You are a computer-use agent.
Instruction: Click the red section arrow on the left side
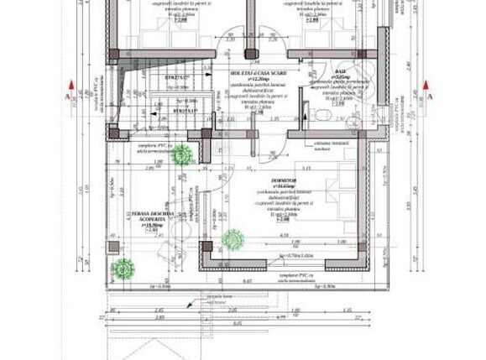pos(73,86)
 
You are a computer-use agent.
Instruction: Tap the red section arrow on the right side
pos(427,86)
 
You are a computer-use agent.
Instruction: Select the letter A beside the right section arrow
pos(430,97)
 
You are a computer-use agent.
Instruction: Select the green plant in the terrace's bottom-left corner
pos(123,269)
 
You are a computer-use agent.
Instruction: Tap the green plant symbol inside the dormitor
pos(233,240)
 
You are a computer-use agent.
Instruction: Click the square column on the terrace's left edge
pos(112,248)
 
